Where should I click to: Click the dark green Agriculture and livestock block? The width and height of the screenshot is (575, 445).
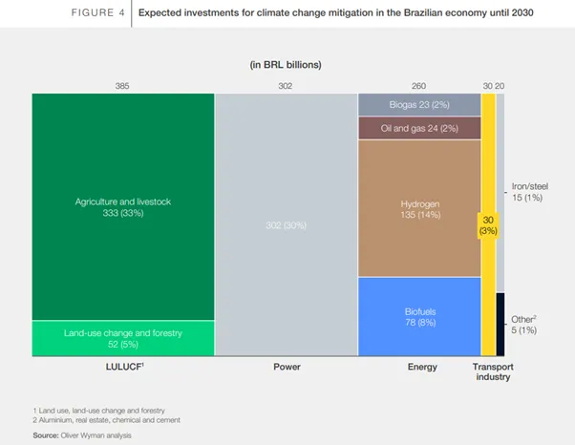coord(122,205)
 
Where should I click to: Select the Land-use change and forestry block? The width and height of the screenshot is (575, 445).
coord(122,337)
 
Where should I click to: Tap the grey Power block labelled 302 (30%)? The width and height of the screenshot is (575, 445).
coord(286,224)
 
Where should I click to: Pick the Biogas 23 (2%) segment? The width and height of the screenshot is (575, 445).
coord(418,104)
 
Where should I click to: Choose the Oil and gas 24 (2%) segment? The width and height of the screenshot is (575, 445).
coord(418,127)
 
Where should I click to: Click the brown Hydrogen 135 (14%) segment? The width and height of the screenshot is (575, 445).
coord(418,208)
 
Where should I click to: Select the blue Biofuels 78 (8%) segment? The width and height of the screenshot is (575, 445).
coord(418,316)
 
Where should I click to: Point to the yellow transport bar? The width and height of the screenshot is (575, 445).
coord(487,224)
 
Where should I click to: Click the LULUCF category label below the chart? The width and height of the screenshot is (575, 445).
coord(122,366)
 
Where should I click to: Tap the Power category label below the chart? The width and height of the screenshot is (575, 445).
coord(286,366)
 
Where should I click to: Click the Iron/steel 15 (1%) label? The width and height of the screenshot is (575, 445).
coord(530,191)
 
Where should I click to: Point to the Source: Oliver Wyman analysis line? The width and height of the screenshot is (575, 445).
coord(82,434)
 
